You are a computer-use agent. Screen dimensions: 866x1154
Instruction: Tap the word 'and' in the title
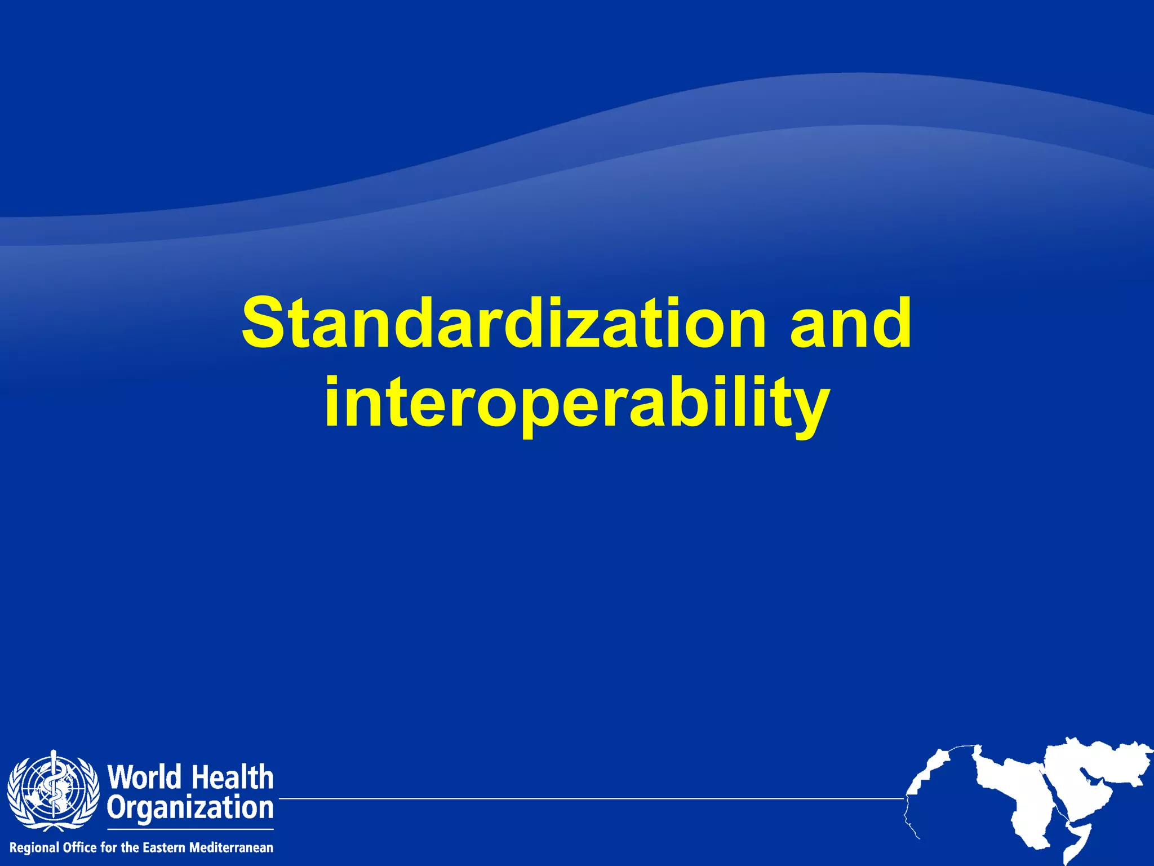click(850, 324)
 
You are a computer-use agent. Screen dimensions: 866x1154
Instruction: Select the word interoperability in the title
click(576, 401)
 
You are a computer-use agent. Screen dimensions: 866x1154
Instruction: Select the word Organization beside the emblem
click(190, 808)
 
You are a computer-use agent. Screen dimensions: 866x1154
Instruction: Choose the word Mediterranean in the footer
click(231, 847)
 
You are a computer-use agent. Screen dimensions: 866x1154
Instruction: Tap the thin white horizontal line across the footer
click(592, 798)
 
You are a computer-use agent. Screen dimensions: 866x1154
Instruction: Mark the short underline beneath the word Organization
click(190, 829)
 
